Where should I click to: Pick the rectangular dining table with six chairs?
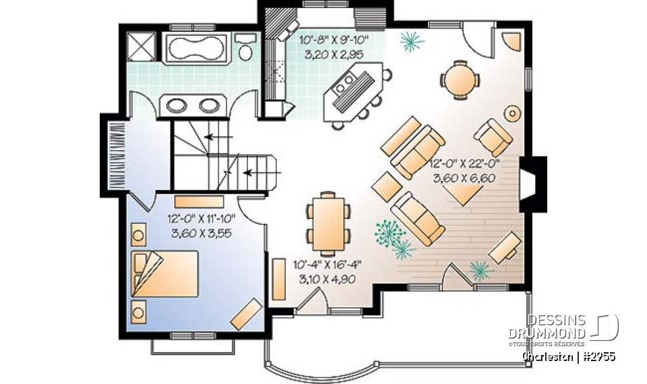coord(328,217)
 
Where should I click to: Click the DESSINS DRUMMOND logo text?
coord(557,326)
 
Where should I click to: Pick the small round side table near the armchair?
coord(514,113)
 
